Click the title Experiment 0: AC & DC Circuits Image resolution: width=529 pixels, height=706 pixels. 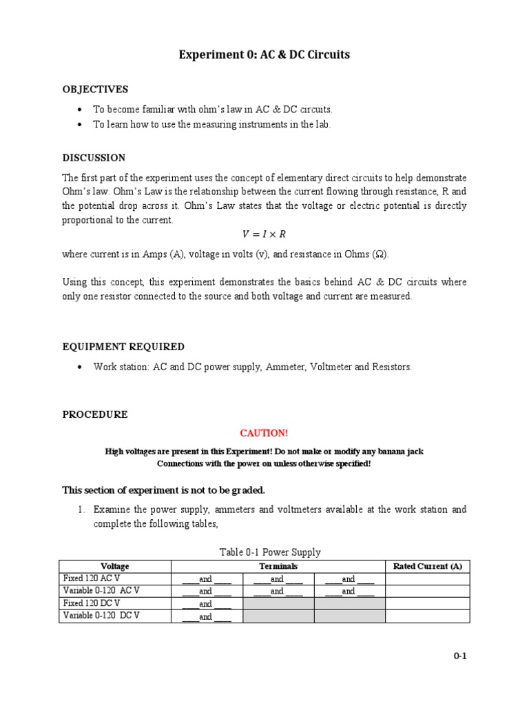[264, 54]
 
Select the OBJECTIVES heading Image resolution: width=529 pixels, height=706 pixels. [95, 90]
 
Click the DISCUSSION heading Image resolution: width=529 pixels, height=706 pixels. [94, 158]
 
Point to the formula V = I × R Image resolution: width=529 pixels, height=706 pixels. [264, 234]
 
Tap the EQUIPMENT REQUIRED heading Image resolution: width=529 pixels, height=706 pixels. [123, 347]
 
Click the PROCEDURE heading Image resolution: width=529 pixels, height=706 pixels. [95, 414]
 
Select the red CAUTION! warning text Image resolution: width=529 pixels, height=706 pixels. [264, 433]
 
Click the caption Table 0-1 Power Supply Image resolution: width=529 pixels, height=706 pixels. [270, 552]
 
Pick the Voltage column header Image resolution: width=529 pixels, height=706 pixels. [115, 566]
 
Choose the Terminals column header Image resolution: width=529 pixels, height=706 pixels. [278, 566]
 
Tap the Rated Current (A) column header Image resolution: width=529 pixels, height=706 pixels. [427, 566]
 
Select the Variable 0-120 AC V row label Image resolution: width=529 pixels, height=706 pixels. [101, 591]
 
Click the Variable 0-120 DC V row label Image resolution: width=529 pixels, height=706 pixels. [101, 616]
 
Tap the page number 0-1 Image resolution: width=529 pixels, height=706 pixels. [460, 656]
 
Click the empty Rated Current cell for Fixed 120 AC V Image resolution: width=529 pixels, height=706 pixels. [427, 578]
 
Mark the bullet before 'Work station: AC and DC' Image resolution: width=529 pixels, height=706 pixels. [80, 367]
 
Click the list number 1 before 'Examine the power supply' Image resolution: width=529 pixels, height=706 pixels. [81, 510]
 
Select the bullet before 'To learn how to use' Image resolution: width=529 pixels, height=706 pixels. [80, 125]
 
